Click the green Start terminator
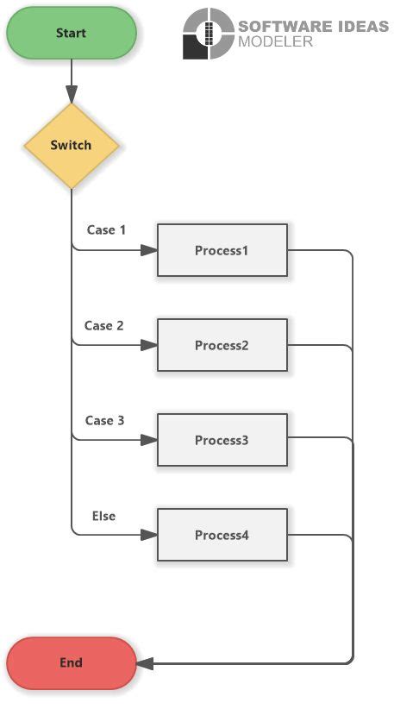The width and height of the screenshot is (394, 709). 71,33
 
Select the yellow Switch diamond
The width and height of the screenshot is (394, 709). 71,145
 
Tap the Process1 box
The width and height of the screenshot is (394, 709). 222,251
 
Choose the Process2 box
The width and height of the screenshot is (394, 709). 222,346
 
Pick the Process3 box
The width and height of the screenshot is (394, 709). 222,441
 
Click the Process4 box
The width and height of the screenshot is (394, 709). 222,536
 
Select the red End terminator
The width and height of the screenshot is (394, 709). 71,662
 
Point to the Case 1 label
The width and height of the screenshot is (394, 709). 106,230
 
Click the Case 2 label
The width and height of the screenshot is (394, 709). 104,326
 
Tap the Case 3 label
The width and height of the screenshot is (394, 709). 104,421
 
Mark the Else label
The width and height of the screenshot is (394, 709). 103,516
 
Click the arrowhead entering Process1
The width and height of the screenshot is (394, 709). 149,251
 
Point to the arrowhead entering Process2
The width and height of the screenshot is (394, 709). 149,346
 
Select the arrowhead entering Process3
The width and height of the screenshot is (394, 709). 149,441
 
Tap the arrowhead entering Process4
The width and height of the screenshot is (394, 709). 149,536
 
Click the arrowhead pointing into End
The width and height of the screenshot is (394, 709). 144,663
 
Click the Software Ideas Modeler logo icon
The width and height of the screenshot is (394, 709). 208,34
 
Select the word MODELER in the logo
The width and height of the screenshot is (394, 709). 275,41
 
